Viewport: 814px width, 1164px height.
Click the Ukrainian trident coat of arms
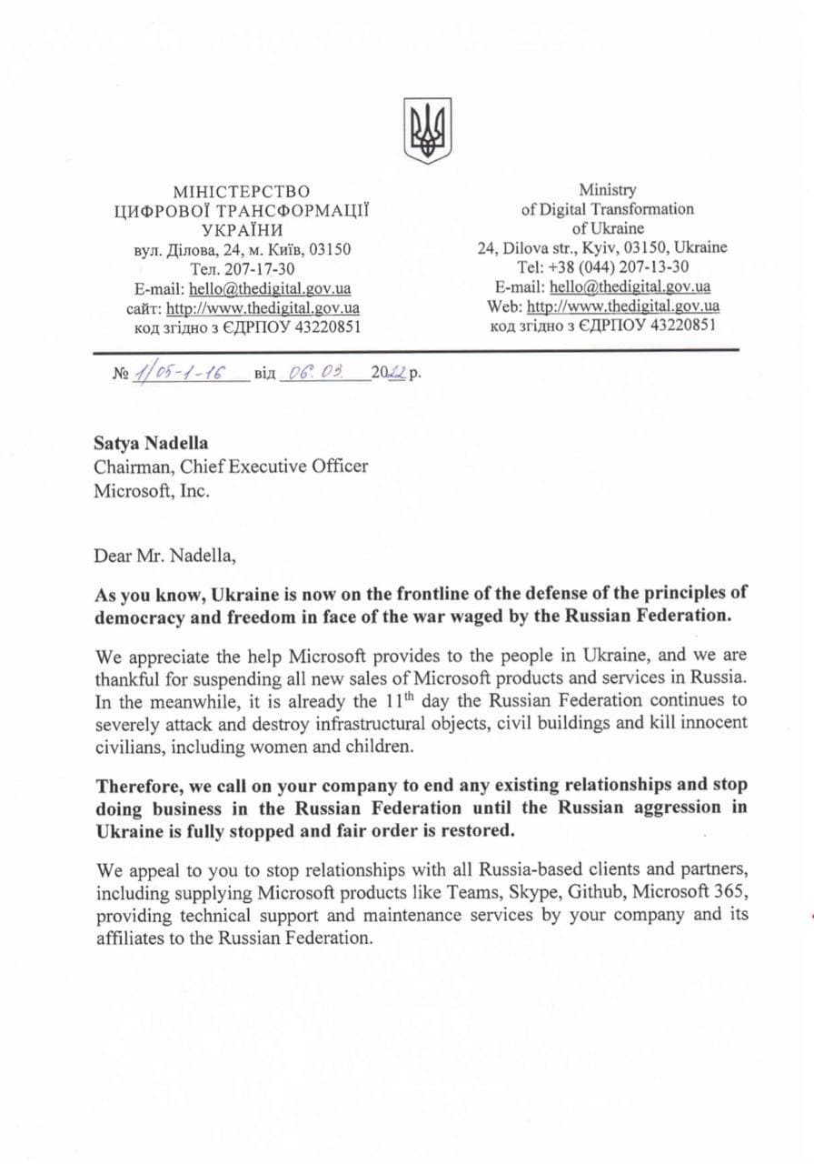click(427, 130)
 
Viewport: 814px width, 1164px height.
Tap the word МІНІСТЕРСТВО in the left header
click(241, 192)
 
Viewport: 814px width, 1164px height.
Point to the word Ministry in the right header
click(608, 190)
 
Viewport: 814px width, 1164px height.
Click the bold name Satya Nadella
click(151, 444)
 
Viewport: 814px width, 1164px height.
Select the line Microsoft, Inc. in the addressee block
click(151, 490)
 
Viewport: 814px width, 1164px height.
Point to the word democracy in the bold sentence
click(141, 616)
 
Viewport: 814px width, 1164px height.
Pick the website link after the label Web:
click(623, 306)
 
